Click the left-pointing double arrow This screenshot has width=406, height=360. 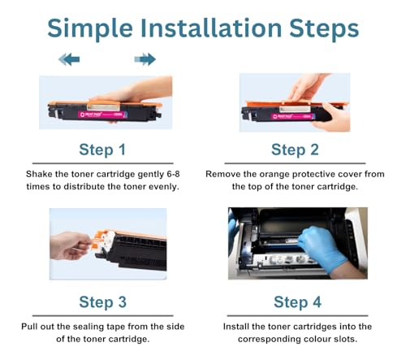click(x=69, y=59)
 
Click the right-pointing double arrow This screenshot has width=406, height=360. click(x=145, y=59)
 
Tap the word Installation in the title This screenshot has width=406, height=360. click(x=211, y=28)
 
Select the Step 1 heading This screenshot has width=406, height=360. click(x=102, y=150)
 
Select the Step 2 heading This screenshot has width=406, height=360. click(x=295, y=150)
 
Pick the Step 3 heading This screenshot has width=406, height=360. click(x=102, y=302)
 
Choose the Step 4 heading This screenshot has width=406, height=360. click(x=297, y=302)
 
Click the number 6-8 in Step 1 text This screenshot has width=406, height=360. click(x=173, y=174)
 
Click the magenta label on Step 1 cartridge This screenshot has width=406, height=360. click(x=102, y=115)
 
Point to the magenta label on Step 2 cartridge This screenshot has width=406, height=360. click(x=293, y=116)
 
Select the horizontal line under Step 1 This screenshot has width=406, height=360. click(x=103, y=163)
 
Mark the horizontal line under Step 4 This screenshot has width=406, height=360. click(x=297, y=315)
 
